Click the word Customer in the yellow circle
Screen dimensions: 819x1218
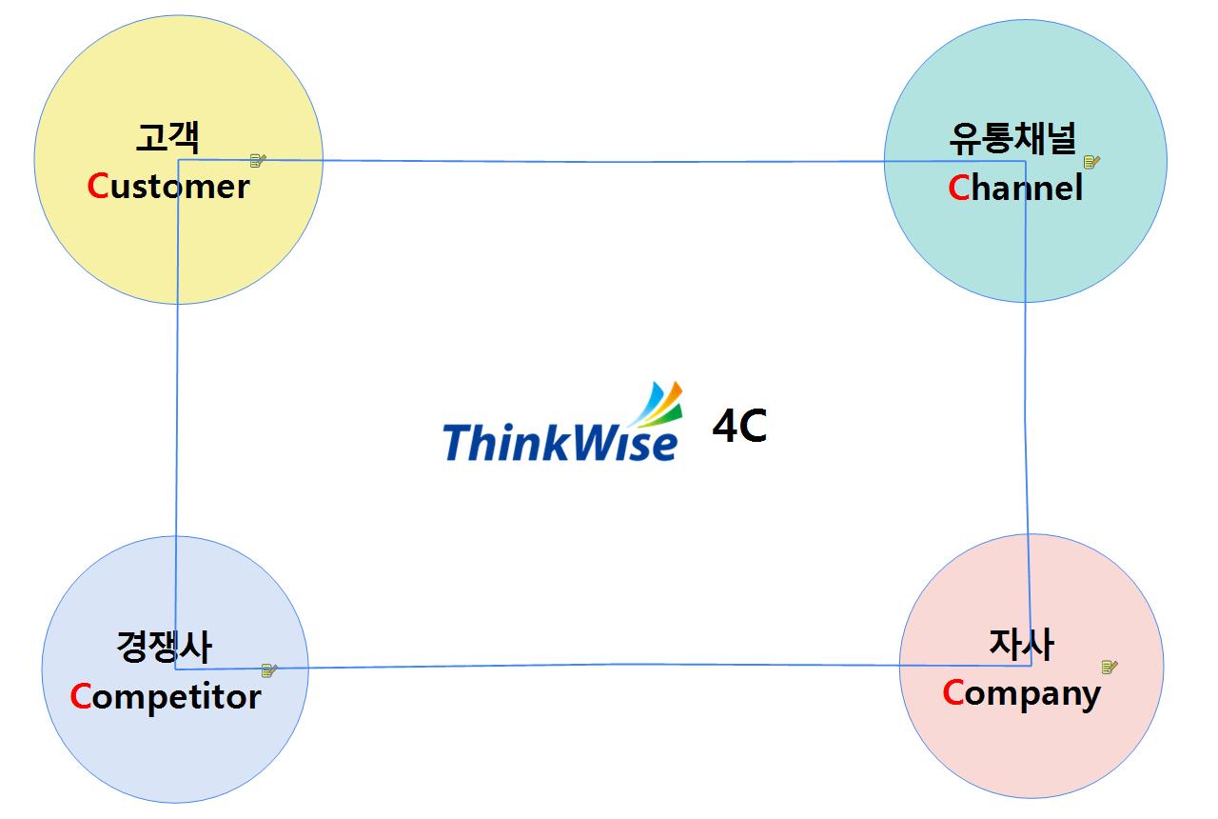pyautogui.click(x=168, y=187)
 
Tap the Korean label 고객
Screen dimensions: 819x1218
pyautogui.click(x=167, y=139)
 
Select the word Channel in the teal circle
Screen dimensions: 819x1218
pyautogui.click(x=1015, y=189)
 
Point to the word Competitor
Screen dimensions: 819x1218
pyautogui.click(x=166, y=697)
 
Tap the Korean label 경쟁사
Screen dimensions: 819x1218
pyautogui.click(x=164, y=648)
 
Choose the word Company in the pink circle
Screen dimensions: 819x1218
pyautogui.click(x=1021, y=693)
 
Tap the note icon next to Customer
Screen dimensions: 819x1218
pyautogui.click(x=257, y=161)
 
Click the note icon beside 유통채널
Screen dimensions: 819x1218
pyautogui.click(x=1091, y=162)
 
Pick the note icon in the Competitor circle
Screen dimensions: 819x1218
pyautogui.click(x=269, y=670)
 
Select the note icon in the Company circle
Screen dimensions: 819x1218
pyautogui.click(x=1110, y=667)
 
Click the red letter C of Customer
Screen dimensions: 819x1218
pyautogui.click(x=98, y=187)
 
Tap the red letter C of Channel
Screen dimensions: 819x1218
pyautogui.click(x=958, y=189)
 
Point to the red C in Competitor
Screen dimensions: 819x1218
pyautogui.click(x=81, y=697)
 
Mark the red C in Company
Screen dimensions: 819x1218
pyautogui.click(x=953, y=693)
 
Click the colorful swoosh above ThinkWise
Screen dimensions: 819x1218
pyautogui.click(x=658, y=404)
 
